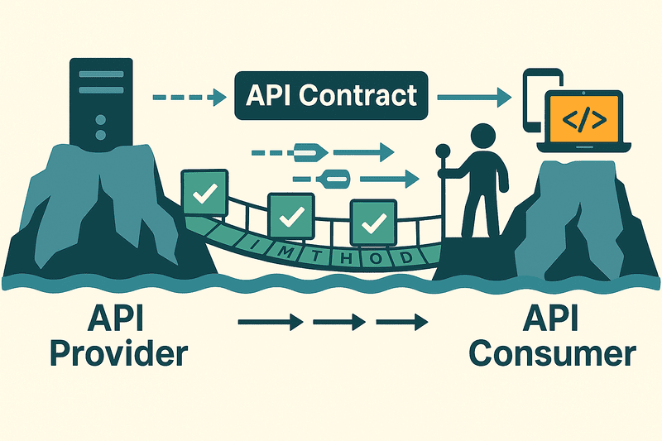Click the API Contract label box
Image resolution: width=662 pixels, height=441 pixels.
coord(331,95)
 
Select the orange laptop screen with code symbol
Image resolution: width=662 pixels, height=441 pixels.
coord(583,117)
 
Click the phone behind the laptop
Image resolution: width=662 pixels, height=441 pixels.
coord(538,95)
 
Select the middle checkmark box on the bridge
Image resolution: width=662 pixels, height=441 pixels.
coord(290,217)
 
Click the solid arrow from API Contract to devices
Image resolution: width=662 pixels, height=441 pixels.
coord(472,97)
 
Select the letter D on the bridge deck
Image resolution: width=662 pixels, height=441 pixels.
coord(406,257)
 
